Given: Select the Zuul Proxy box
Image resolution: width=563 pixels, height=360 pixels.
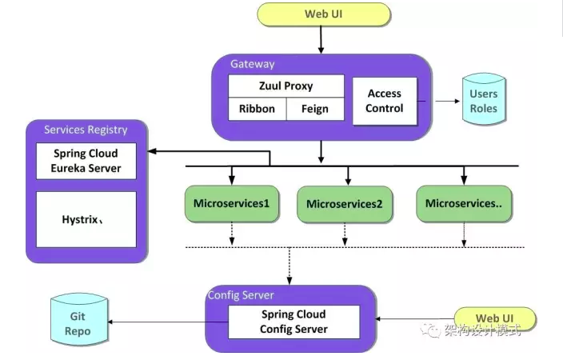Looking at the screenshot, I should (x=286, y=86).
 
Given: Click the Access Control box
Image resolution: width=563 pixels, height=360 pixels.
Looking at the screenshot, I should (x=385, y=101).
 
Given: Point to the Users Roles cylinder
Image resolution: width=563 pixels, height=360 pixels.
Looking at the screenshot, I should (x=483, y=101).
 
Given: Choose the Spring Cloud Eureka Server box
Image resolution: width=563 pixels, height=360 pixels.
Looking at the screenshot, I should (x=86, y=161).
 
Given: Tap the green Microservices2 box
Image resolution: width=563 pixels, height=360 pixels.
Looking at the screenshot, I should (x=345, y=205).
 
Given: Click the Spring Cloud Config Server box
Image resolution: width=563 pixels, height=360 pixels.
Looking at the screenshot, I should (x=293, y=322).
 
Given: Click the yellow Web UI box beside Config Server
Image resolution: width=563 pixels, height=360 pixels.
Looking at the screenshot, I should (x=488, y=319).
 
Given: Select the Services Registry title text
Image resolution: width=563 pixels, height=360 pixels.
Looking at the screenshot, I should (x=86, y=130).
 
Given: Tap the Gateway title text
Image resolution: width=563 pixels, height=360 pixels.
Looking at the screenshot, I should (x=253, y=64).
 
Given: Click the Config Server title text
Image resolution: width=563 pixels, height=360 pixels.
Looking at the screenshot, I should (x=241, y=295).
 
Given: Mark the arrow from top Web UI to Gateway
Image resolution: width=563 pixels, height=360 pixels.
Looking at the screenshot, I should (x=321, y=38).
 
